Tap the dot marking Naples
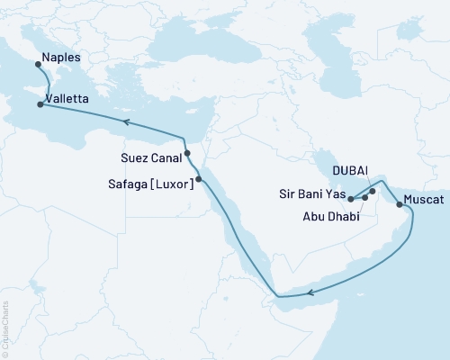(x=37, y=64)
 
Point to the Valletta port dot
(x=40, y=104)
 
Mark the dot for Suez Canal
(x=188, y=153)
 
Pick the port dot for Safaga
(x=199, y=179)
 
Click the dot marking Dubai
(x=373, y=191)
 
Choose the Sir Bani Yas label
(x=312, y=193)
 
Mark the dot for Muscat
(x=399, y=204)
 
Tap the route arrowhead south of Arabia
(x=310, y=292)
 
